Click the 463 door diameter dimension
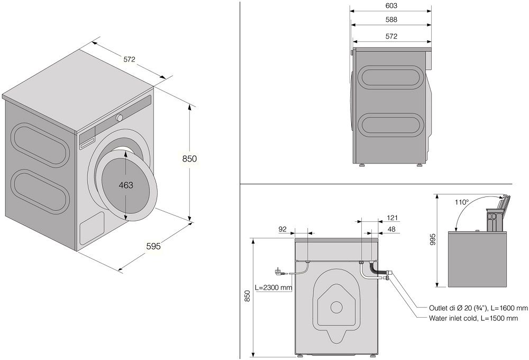(125, 185)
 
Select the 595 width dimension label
(153, 246)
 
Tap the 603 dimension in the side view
(391, 6)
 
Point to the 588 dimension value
(391, 20)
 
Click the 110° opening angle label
(461, 202)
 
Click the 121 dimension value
(392, 218)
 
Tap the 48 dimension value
(392, 230)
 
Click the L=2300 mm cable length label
(273, 288)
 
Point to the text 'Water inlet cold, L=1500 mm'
(478, 318)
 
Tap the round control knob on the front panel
(120, 117)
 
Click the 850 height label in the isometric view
(189, 158)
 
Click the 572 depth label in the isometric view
(130, 59)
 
